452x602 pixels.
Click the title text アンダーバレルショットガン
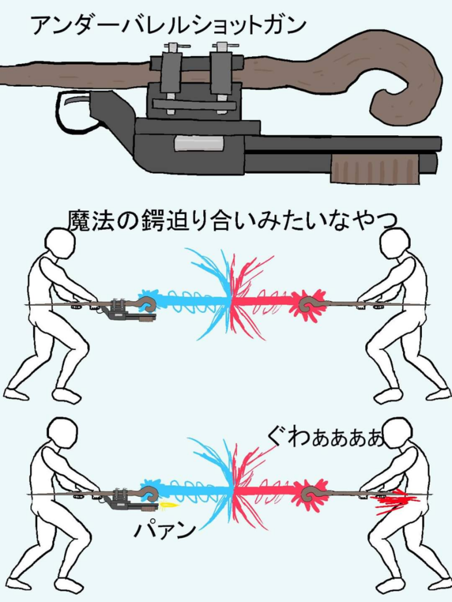point(168,25)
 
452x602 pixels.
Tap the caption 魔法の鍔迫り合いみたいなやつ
point(232,221)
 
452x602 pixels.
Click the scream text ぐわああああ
point(326,439)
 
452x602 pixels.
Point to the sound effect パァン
point(165,530)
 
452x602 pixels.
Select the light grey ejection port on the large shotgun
point(199,143)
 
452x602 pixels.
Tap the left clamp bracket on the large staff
point(171,78)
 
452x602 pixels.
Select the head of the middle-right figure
point(394,243)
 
